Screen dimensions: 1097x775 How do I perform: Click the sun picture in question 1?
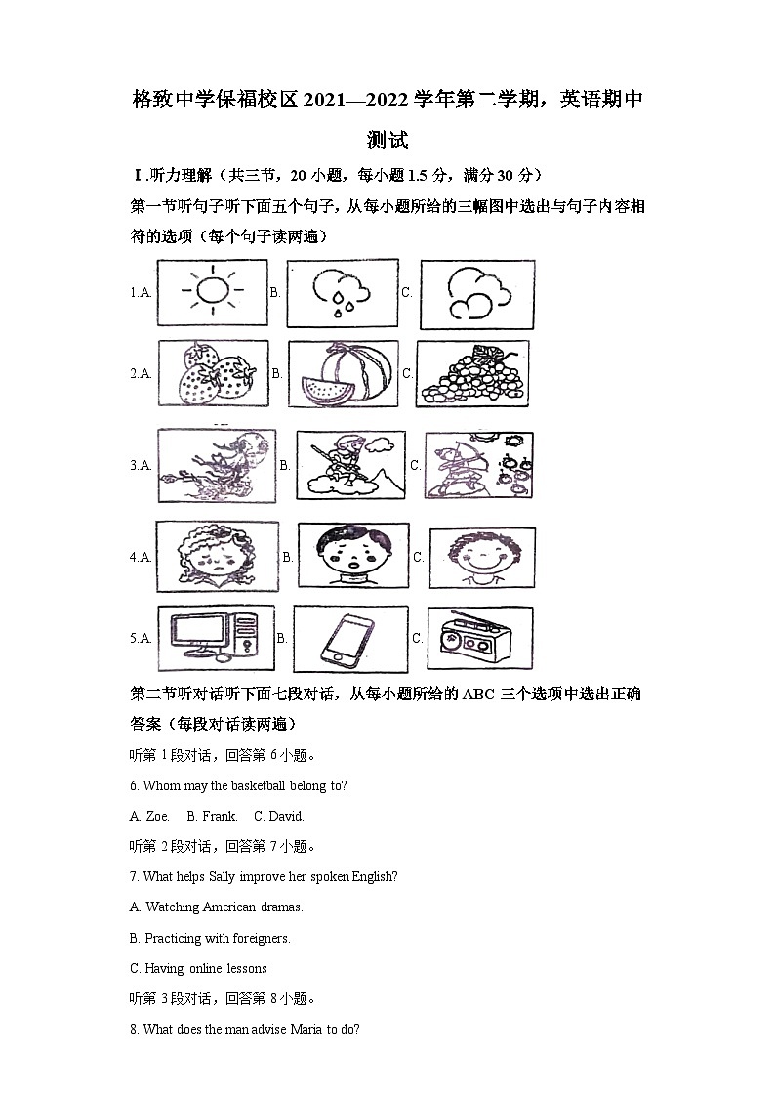click(211, 291)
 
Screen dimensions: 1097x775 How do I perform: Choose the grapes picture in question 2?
click(472, 373)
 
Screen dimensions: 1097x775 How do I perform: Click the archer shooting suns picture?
click(478, 466)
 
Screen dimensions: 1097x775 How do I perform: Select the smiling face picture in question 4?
click(481, 557)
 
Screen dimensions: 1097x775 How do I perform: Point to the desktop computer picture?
click(215, 638)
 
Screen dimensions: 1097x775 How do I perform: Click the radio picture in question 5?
click(480, 639)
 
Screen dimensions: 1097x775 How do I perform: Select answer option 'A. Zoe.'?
click(149, 816)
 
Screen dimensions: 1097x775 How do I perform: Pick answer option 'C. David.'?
click(279, 816)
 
